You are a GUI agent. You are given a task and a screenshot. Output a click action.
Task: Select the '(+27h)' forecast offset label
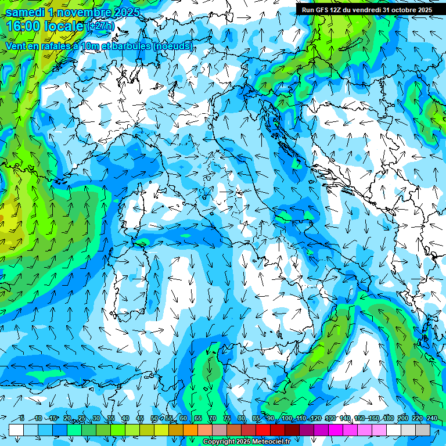click(100, 26)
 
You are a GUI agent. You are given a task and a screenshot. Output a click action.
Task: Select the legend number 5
click(21, 419)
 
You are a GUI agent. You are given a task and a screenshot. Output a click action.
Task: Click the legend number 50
click(154, 419)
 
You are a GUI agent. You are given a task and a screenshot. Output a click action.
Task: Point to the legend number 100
click(287, 419)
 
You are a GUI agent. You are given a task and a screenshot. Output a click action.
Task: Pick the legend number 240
click(432, 419)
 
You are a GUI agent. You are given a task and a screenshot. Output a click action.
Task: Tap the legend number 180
click(387, 419)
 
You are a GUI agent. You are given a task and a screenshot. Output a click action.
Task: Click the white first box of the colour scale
click(16, 430)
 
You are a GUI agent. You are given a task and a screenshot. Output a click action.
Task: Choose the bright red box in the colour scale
click(263, 430)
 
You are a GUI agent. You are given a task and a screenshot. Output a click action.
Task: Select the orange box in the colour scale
click(176, 430)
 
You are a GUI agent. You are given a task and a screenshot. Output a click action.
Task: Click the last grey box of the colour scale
click(423, 430)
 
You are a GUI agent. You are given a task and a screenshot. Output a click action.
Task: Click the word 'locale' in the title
click(63, 26)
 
